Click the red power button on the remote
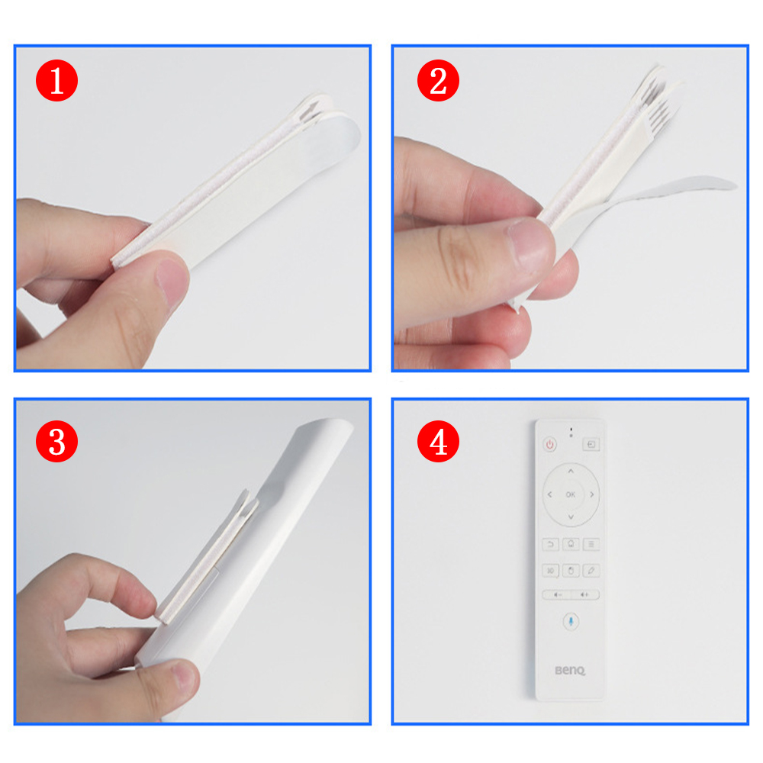pos(549,444)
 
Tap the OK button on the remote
pos(571,494)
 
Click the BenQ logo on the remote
pos(570,671)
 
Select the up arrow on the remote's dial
pos(571,471)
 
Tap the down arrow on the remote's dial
pos(571,518)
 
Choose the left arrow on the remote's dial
pos(549,494)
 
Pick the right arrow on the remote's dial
pos(593,494)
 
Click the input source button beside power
pos(591,443)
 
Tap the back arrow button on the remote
pos(550,544)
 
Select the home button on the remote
pos(571,544)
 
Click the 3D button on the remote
pos(550,570)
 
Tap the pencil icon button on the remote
pos(591,570)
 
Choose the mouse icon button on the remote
pos(571,570)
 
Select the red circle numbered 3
pos(56,443)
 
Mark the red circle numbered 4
pos(438,443)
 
